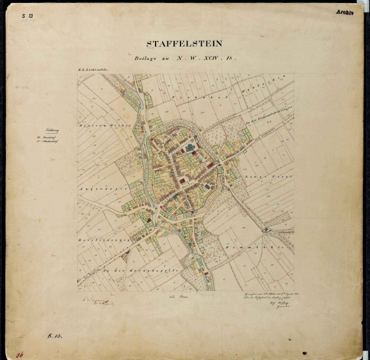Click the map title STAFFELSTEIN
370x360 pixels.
185,43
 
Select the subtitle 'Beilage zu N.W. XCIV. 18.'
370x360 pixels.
185,58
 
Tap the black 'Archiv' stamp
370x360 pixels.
344,12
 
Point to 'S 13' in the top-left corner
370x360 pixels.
27,16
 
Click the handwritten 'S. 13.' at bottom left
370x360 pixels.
55,336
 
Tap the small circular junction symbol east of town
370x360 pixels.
267,229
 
